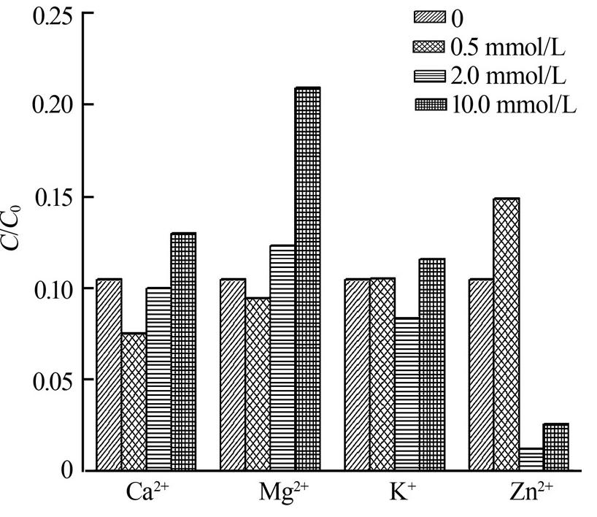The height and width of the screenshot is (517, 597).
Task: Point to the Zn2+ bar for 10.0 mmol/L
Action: tap(555, 448)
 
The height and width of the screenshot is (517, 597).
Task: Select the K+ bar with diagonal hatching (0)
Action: tap(357, 375)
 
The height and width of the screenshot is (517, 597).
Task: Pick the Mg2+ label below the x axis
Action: tap(285, 494)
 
